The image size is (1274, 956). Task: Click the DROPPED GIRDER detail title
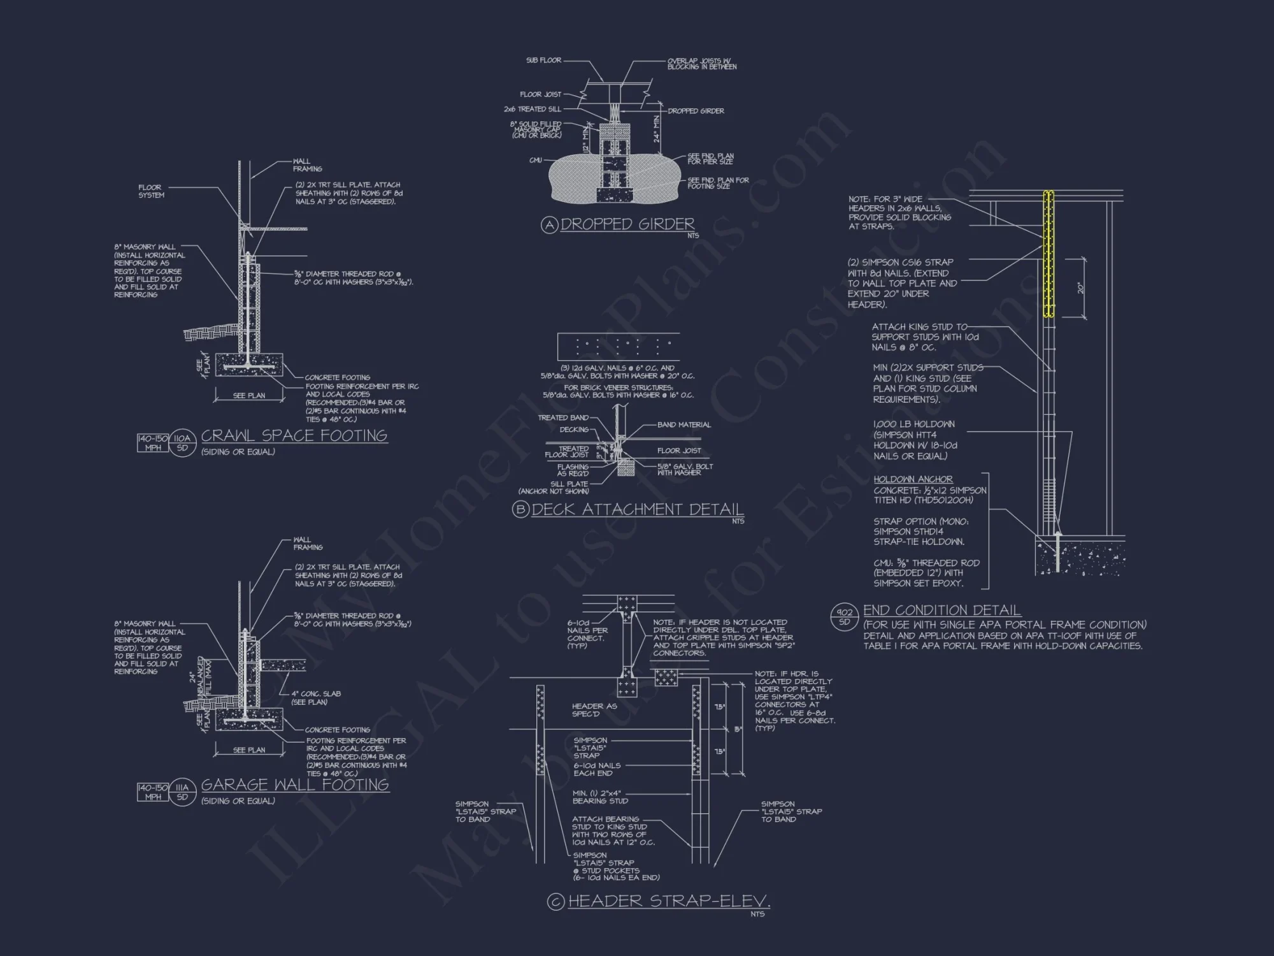pos(627,224)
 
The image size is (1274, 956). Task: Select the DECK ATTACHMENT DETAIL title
pos(637,509)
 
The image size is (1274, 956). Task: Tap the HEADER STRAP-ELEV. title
pos(668,901)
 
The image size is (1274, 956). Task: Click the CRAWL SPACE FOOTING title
pos(294,436)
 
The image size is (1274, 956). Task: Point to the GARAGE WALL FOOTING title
pos(295,785)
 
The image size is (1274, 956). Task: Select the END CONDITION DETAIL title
pos(941,611)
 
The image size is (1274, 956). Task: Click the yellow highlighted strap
pos(1048,255)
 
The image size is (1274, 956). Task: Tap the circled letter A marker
pos(549,225)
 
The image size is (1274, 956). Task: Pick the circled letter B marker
pos(520,510)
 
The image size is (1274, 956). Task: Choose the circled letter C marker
pos(555,902)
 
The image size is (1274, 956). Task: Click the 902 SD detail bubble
pos(845,617)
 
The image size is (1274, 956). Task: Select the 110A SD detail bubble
pos(183,443)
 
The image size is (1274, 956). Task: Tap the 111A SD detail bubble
pos(183,792)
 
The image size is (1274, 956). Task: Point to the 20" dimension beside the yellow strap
pos(1080,288)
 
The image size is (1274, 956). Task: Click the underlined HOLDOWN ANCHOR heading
pos(913,479)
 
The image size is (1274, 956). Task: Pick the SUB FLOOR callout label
pos(543,61)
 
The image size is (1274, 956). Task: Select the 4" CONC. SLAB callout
pos(316,697)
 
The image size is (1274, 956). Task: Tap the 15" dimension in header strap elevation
pos(738,729)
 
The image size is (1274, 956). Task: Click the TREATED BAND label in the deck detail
pos(563,418)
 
